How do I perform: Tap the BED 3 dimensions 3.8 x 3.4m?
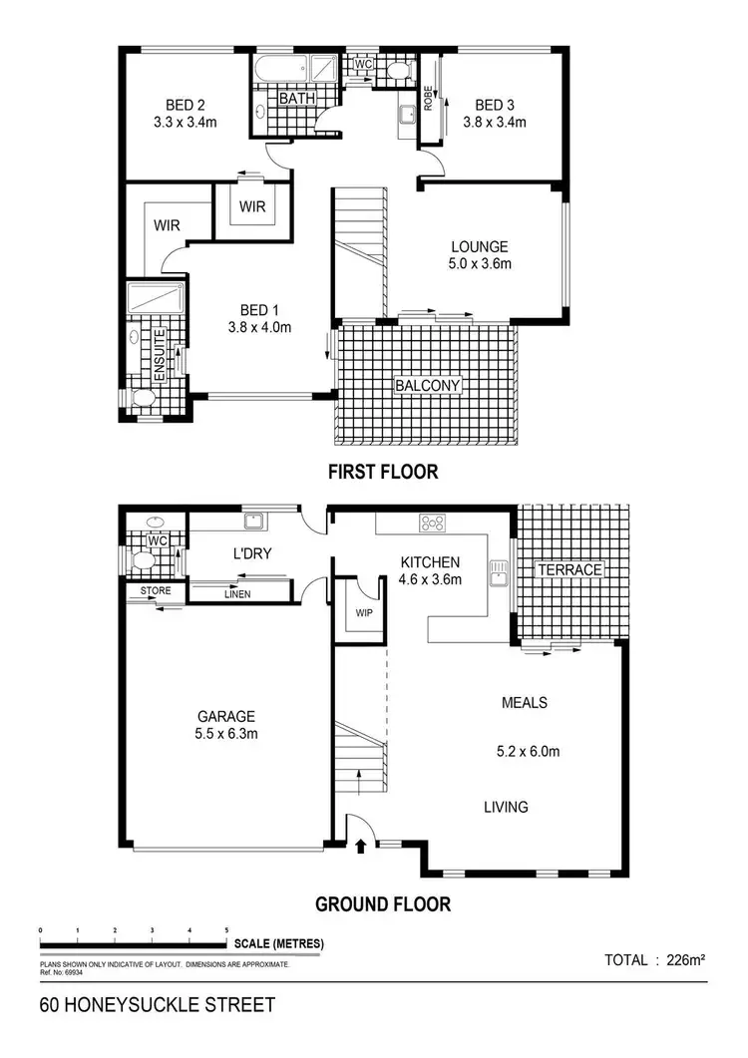pyautogui.click(x=495, y=123)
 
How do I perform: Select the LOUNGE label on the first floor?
pyautogui.click(x=480, y=247)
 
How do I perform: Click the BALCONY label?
pyautogui.click(x=427, y=385)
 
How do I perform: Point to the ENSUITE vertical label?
pyautogui.click(x=160, y=356)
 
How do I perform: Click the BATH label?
pyautogui.click(x=296, y=99)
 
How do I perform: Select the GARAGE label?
pyautogui.click(x=225, y=716)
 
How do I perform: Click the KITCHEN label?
pyautogui.click(x=431, y=561)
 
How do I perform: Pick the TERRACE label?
pyautogui.click(x=570, y=569)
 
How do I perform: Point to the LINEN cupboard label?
pyautogui.click(x=237, y=594)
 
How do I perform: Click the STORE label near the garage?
pyautogui.click(x=155, y=591)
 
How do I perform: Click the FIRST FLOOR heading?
pyautogui.click(x=383, y=472)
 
